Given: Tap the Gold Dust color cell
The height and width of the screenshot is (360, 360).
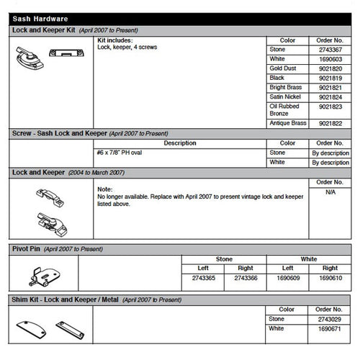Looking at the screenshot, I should click(x=283, y=68).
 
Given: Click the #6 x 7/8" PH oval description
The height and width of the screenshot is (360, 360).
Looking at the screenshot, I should click(x=121, y=153).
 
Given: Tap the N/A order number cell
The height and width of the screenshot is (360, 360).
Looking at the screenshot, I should click(x=330, y=192).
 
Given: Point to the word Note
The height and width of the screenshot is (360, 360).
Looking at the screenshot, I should click(x=104, y=188).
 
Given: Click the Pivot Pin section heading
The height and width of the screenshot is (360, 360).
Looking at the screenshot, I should click(x=27, y=248).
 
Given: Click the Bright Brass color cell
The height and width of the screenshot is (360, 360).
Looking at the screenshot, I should click(x=284, y=87).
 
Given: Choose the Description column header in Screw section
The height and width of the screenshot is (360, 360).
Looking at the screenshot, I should click(x=179, y=143).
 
